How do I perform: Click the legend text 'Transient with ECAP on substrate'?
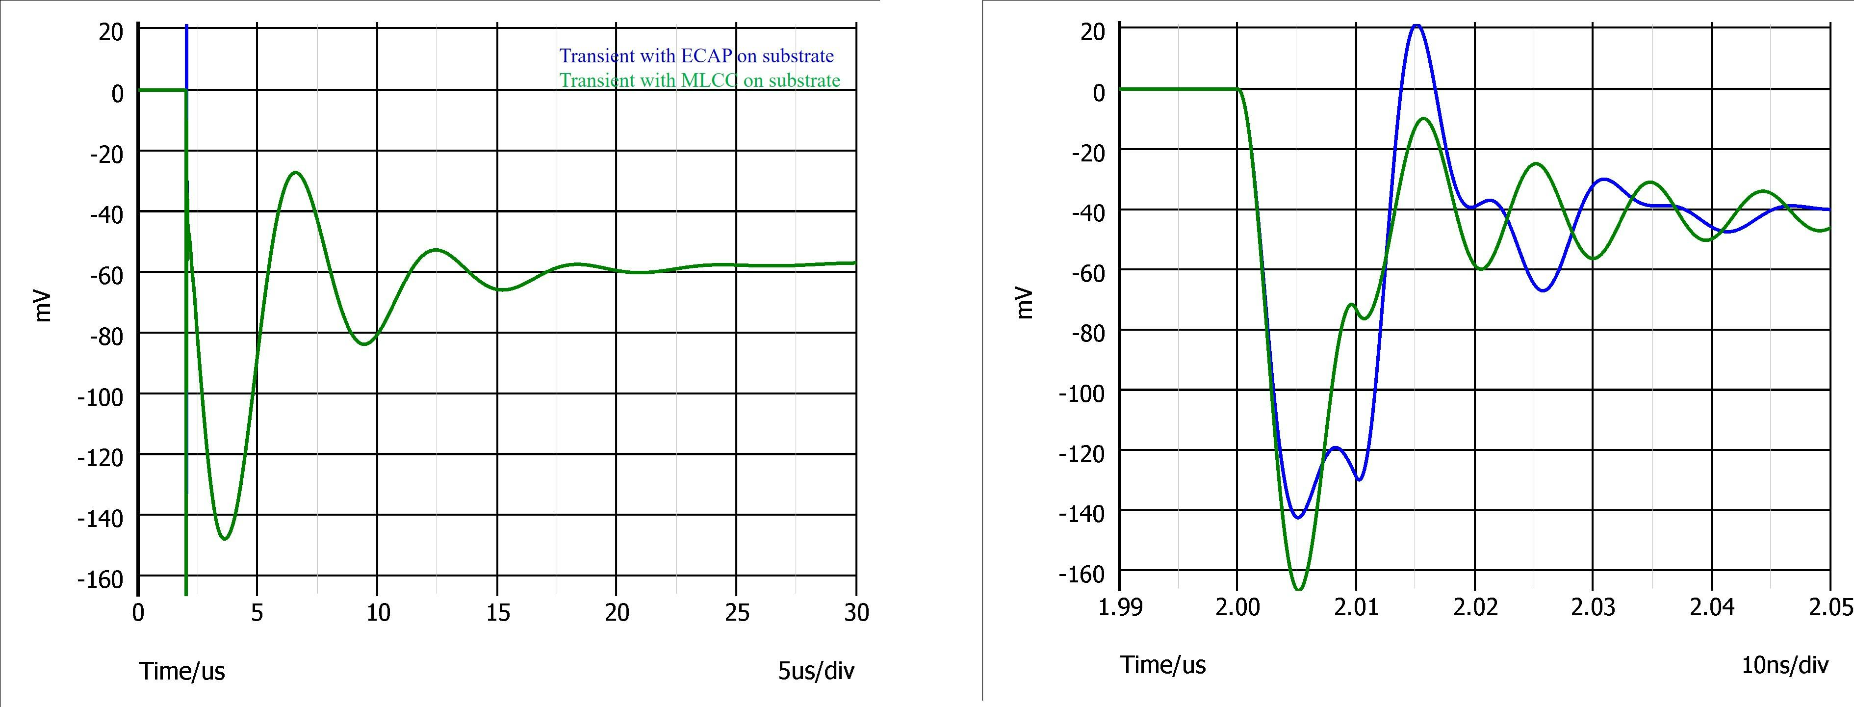tap(696, 56)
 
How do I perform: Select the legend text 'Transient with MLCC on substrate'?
tap(699, 80)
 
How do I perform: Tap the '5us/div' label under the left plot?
tap(816, 671)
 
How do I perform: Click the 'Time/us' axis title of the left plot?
tap(182, 671)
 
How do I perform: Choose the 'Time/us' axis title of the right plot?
tap(1162, 664)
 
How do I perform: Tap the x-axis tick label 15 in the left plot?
tap(497, 613)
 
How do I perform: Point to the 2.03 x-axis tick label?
tap(1592, 607)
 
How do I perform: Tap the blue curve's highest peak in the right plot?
tap(1416, 26)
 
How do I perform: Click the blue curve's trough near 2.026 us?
tap(1545, 290)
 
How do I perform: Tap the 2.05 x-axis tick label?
tap(1832, 607)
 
